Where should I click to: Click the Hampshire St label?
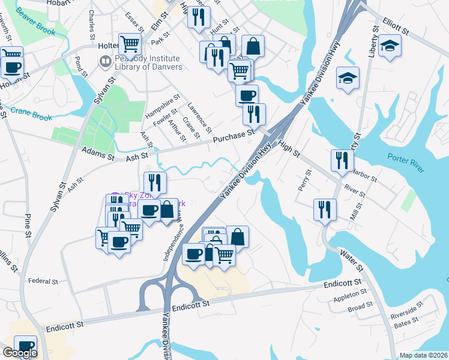click(161, 107)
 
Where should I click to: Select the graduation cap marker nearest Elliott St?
click(390, 46)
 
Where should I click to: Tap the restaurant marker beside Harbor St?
click(342, 160)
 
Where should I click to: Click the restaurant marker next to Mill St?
click(325, 209)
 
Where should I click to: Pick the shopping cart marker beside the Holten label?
click(130, 43)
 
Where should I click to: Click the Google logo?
click(20, 353)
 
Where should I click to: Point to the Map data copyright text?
click(423, 355)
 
